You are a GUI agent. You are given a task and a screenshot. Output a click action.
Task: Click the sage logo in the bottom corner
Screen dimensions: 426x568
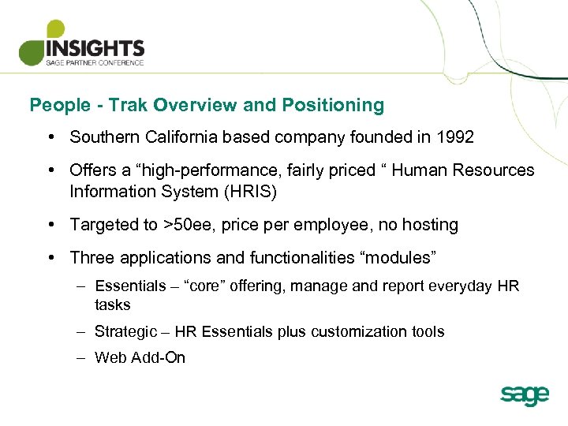tap(524, 394)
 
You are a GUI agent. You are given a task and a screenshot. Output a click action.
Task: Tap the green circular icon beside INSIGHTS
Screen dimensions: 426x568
tap(36, 47)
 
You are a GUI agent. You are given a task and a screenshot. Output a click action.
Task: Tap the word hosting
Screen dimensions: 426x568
tap(430, 225)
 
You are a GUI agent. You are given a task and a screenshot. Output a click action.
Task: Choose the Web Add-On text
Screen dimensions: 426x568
tap(140, 357)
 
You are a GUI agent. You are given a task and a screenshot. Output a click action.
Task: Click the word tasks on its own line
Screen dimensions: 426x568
tap(112, 305)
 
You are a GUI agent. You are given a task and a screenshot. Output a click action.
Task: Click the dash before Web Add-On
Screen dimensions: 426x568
tap(81, 357)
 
